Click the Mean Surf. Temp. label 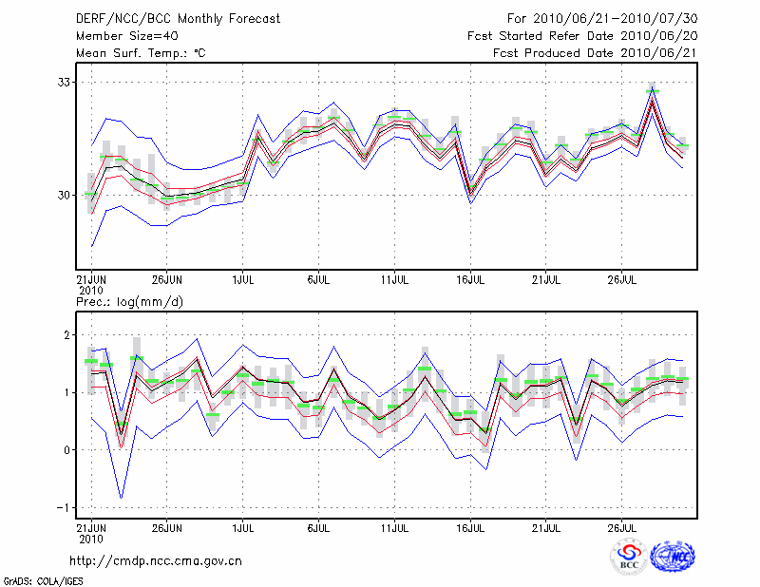[x=142, y=53]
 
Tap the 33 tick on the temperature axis [x=65, y=83]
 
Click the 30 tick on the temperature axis [x=65, y=195]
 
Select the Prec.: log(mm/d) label [x=129, y=301]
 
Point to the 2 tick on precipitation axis [x=67, y=335]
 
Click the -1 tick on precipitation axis [x=64, y=507]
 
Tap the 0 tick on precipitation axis [x=67, y=450]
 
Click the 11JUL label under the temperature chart [x=394, y=280]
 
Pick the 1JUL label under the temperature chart [x=242, y=280]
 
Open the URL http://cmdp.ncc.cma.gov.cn [x=156, y=560]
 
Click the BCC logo [x=629, y=558]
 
